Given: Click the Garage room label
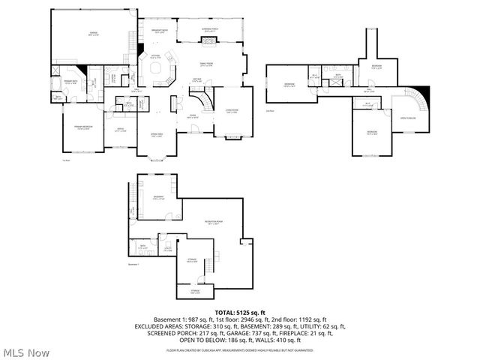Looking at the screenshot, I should pyautogui.click(x=94, y=34).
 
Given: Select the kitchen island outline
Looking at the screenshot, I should pyautogui.click(x=159, y=68).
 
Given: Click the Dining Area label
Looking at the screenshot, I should pyautogui.click(x=157, y=134).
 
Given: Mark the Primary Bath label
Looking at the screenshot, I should pyautogui.click(x=70, y=82).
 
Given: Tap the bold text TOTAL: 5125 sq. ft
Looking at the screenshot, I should pyautogui.click(x=240, y=312).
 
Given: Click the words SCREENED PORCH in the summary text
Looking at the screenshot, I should pyautogui.click(x=161, y=334).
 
